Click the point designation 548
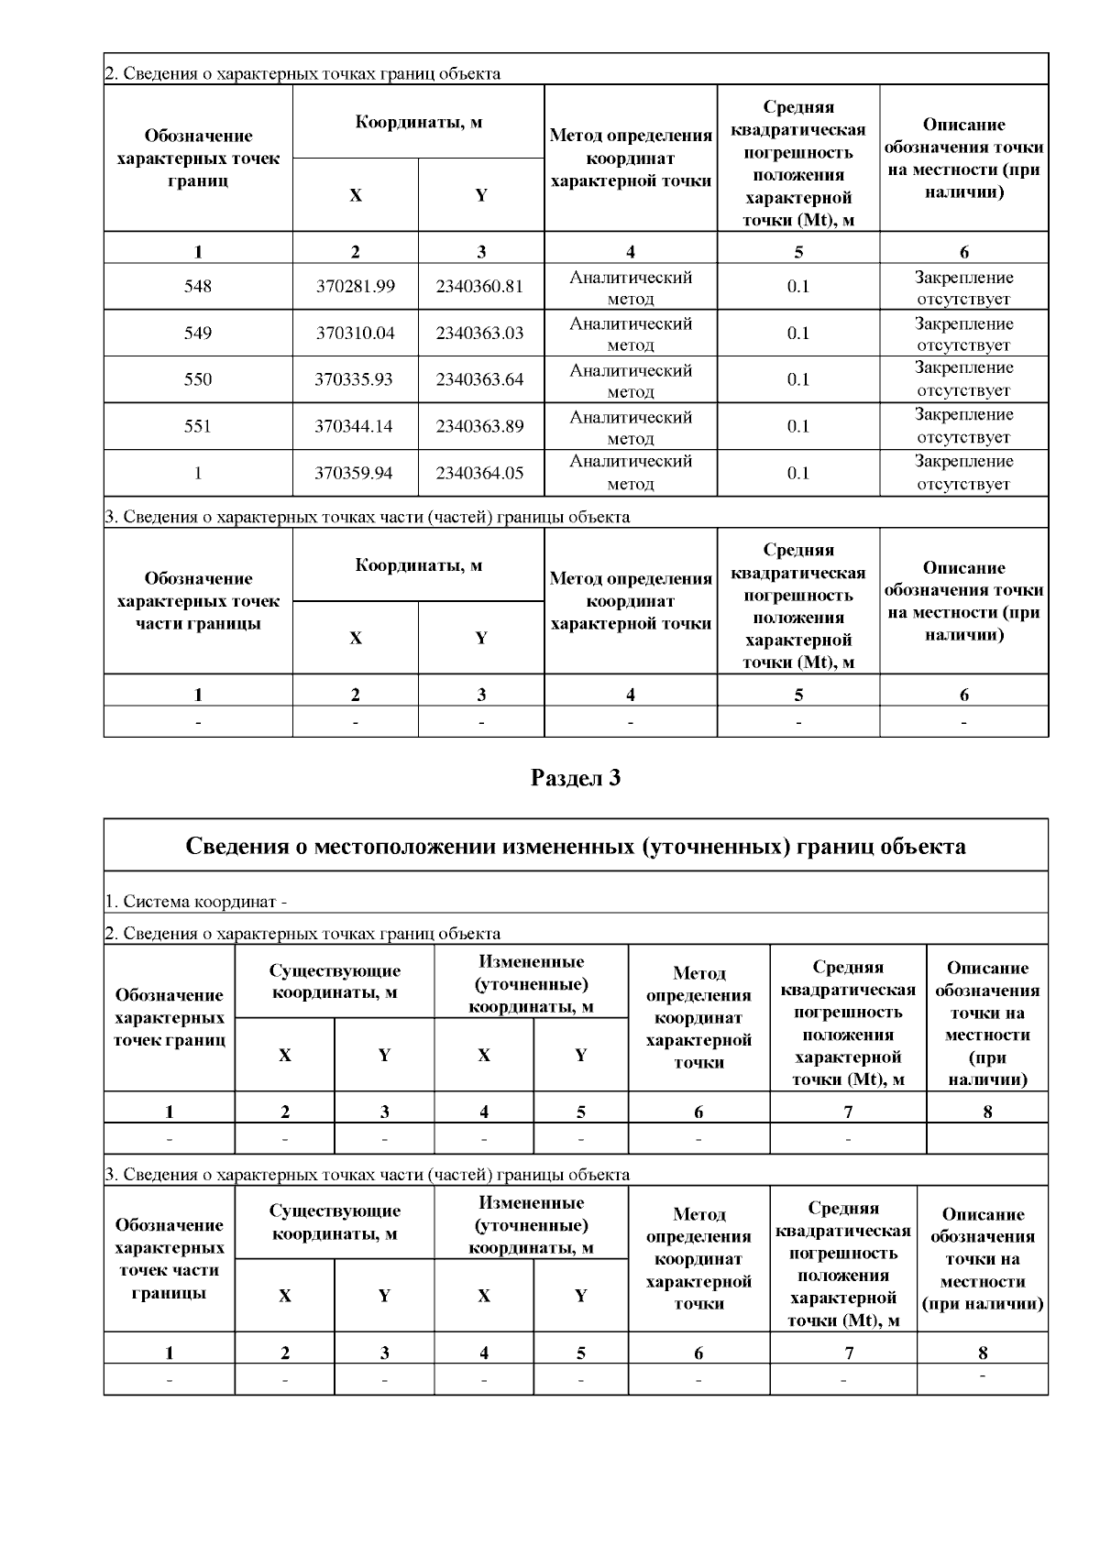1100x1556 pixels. [198, 286]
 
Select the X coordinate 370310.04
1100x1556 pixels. [356, 333]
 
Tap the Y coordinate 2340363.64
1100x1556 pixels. [480, 379]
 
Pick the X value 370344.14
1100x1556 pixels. [356, 426]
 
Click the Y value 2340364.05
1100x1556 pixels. [480, 473]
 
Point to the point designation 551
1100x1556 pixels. [198, 426]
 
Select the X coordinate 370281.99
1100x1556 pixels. [356, 286]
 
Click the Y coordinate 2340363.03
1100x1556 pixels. [480, 333]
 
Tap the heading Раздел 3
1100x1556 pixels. [576, 778]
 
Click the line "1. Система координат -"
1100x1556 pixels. [196, 901]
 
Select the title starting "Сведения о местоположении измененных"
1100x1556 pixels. [576, 845]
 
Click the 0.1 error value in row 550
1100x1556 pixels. [798, 379]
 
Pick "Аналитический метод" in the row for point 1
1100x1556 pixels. [631, 473]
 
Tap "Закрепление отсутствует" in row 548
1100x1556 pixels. [963, 288]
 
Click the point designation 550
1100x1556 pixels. [198, 379]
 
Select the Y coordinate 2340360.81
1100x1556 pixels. [480, 286]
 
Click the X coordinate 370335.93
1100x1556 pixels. [356, 379]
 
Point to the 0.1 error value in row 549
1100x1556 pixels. [798, 333]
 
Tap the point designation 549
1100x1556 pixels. [198, 333]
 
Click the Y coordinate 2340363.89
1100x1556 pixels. [480, 426]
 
